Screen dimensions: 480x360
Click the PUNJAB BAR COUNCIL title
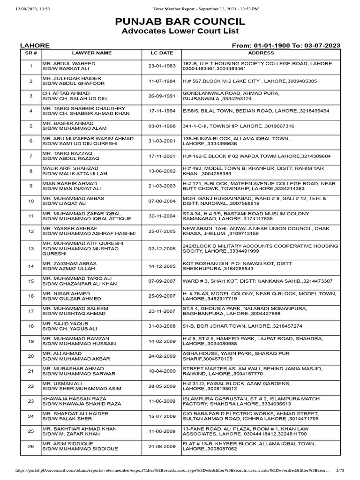point(180,22)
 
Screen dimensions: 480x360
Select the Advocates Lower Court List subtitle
point(180,31)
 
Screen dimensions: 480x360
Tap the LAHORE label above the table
point(35,45)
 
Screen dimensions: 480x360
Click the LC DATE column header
point(162,53)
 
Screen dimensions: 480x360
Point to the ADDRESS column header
point(261,53)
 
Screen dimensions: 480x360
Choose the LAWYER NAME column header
point(91,53)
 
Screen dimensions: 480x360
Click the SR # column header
point(30,53)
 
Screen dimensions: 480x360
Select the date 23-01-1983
point(162,66)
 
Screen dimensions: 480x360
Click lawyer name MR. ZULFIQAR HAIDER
point(69,78)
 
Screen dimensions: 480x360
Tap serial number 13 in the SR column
point(30,248)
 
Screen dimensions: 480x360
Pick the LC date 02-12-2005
point(162,248)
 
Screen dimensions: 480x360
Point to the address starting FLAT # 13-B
point(248,443)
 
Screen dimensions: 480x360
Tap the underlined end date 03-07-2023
point(322,45)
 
